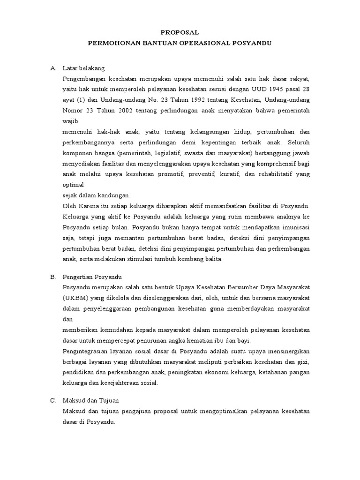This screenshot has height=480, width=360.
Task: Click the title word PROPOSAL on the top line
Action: tap(180, 32)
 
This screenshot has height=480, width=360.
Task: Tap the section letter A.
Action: tap(53, 68)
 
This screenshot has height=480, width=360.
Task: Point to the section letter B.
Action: tap(53, 277)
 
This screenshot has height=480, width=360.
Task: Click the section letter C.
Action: tap(53, 401)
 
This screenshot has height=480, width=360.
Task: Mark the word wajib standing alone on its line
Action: tap(70, 120)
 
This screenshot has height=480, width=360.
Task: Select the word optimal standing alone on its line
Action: tap(73, 184)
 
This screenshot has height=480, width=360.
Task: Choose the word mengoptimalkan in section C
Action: tap(227, 411)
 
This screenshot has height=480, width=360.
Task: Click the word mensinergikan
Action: tap(286, 351)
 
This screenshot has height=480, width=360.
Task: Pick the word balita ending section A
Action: tap(212, 259)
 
